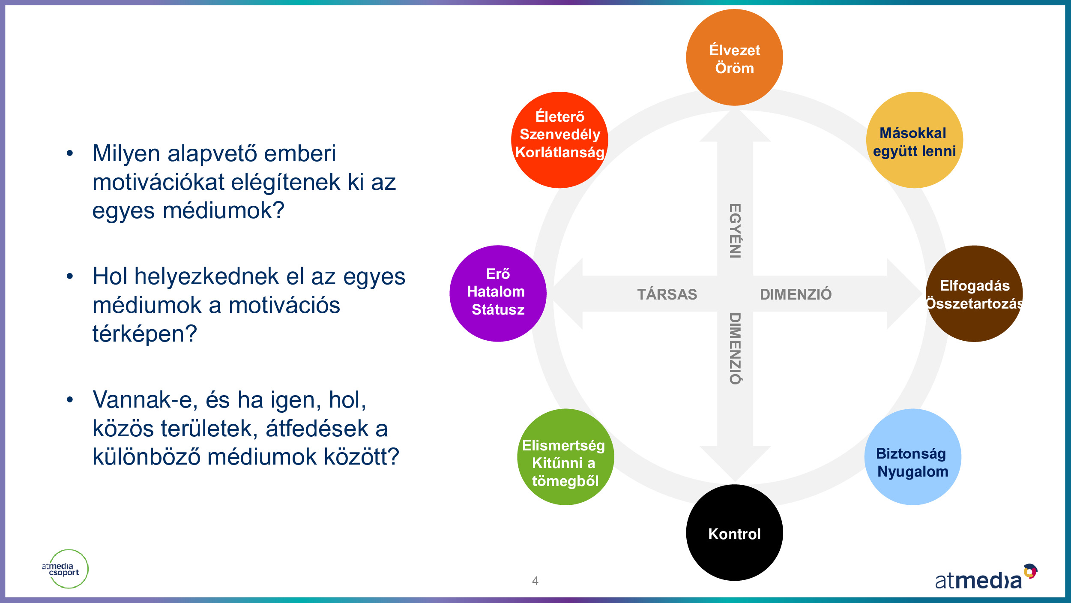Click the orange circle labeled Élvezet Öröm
[x=734, y=57]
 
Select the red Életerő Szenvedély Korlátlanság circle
[x=559, y=140]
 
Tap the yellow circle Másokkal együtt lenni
[x=914, y=140]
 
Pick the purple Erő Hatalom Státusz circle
[x=498, y=294]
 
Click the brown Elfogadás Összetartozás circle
[x=974, y=294]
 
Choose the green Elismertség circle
[x=565, y=457]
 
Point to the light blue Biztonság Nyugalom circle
[x=912, y=457]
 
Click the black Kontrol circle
[x=734, y=533]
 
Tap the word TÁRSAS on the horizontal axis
[x=667, y=294]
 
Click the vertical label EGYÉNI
[x=735, y=231]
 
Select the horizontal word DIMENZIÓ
[x=796, y=294]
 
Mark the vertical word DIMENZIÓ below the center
[x=735, y=348]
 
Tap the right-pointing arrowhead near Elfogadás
[x=903, y=294]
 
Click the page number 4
[x=535, y=581]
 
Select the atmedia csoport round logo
[x=66, y=569]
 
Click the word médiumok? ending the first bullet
[x=224, y=211]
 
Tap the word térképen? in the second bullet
[x=145, y=334]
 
